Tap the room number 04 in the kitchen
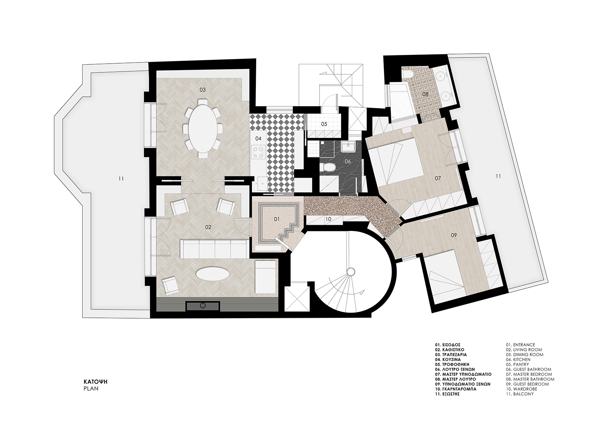(258, 139)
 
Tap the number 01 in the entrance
(276, 219)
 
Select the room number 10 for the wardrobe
(328, 219)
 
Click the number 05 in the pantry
(324, 124)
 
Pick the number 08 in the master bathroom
(425, 94)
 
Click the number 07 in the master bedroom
(438, 178)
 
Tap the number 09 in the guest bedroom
(454, 235)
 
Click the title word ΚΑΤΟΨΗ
(96, 382)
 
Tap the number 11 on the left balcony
(121, 179)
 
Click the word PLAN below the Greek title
(91, 389)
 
